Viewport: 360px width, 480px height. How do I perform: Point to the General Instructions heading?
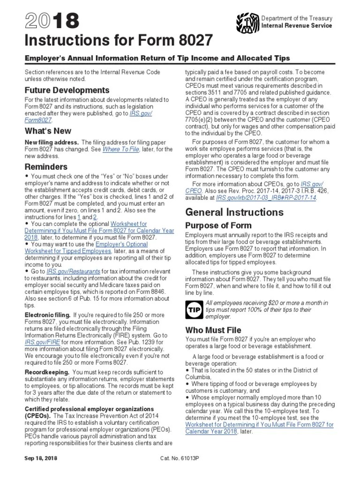coord(234,212)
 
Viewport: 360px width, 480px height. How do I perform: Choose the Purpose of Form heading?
coord(218,225)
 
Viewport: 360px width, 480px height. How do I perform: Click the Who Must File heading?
coord(213,330)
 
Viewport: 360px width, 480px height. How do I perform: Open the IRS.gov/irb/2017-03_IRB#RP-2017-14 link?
coord(266,198)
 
